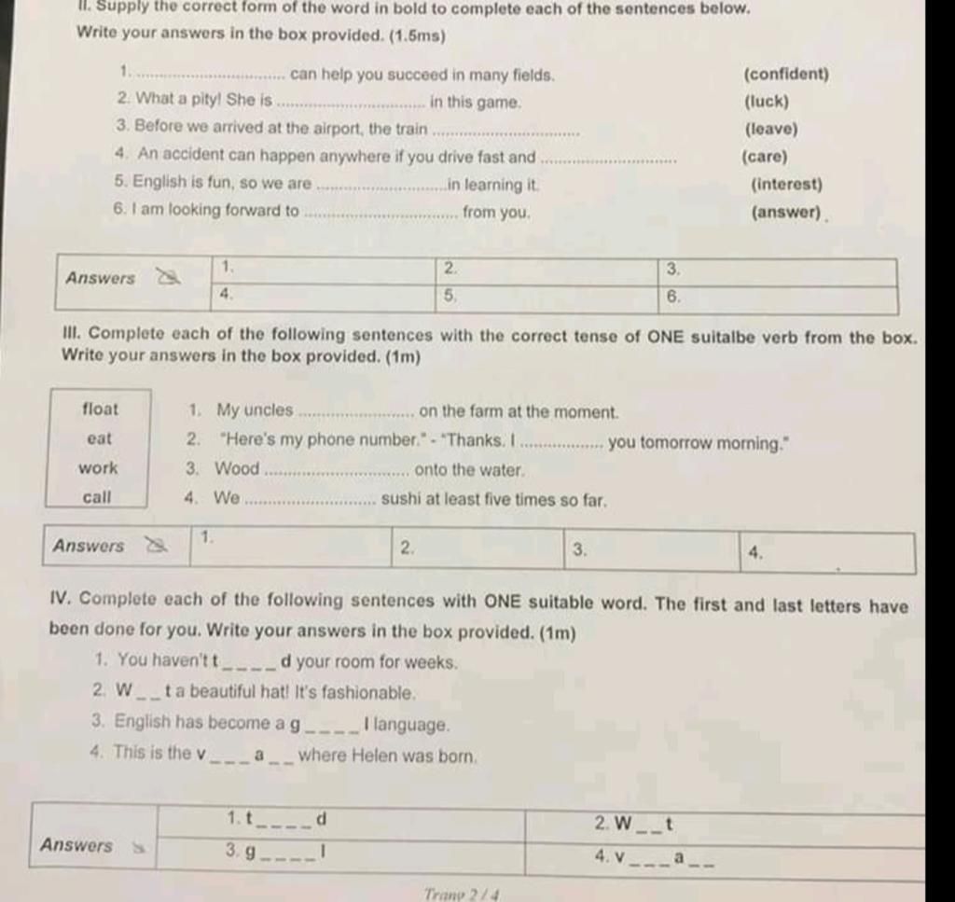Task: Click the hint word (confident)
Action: (785, 75)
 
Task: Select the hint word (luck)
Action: (767, 102)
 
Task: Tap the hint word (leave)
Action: (770, 129)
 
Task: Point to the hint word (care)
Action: (764, 157)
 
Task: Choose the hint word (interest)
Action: (786, 185)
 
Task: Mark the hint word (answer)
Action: (786, 212)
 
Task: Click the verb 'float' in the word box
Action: (100, 409)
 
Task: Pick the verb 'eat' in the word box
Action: (98, 438)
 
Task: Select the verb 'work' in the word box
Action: (98, 467)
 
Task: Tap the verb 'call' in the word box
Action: (96, 497)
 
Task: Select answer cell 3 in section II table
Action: (778, 271)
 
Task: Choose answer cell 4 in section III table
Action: (827, 552)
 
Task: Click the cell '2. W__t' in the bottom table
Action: (725, 826)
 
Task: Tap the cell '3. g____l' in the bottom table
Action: (340, 852)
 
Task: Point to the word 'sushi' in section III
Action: (402, 499)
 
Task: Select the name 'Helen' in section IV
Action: (375, 756)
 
